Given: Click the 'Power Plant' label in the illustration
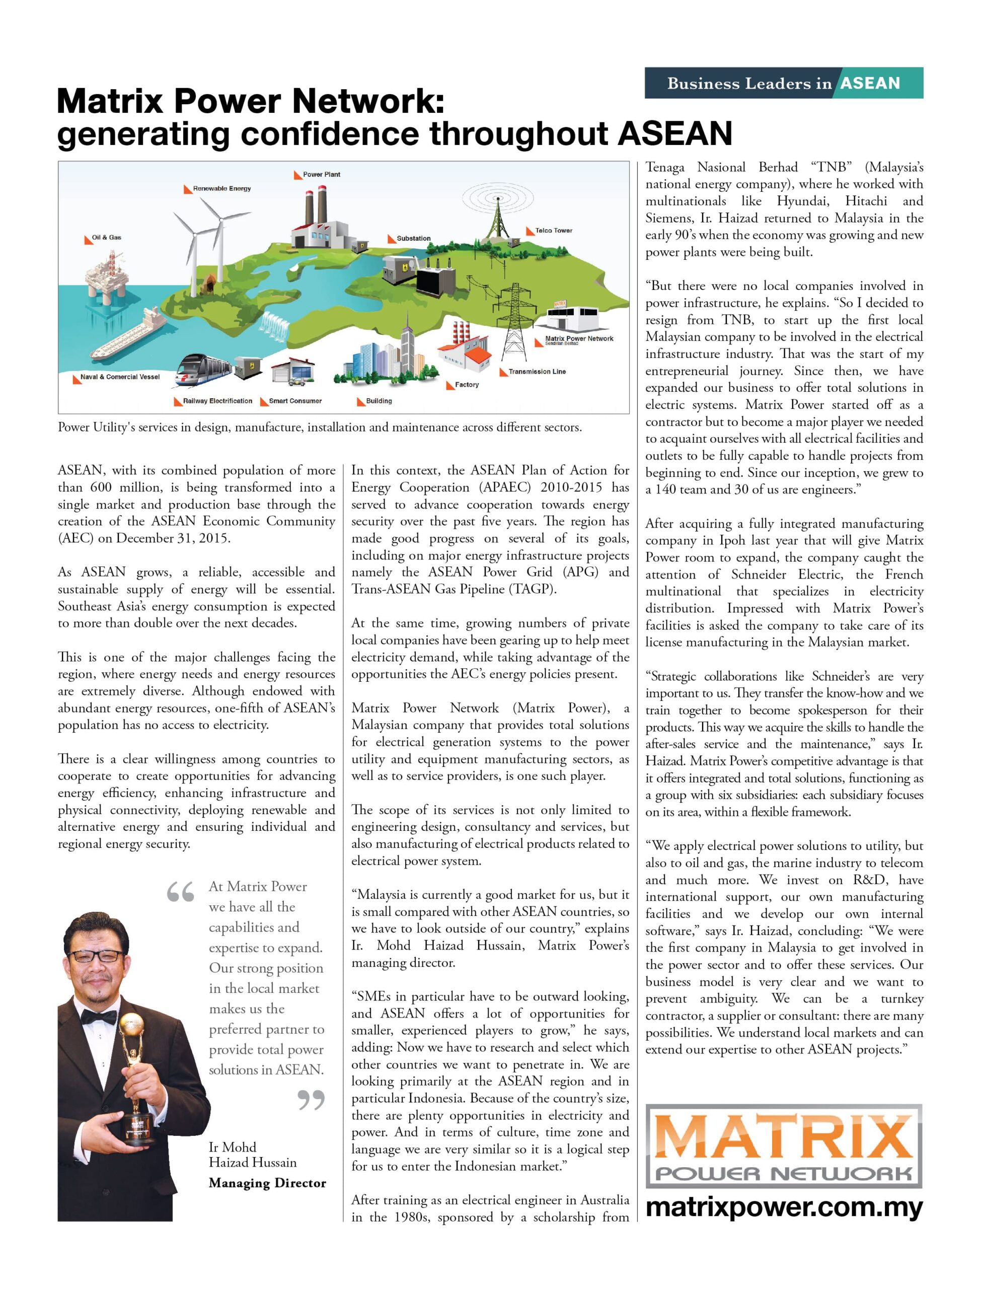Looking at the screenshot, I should pos(321,175).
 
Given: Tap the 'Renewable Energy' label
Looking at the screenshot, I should pos(221,189).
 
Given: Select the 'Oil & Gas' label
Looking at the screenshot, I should pos(106,238).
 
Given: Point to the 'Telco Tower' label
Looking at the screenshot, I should pos(553,231).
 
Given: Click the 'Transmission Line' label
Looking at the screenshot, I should pos(537,372).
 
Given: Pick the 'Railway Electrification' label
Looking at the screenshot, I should pos(217,401).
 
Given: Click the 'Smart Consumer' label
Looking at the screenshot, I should pos(295,401).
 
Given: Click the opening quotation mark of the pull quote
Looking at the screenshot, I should pos(180,892).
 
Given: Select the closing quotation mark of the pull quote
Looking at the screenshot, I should pos(311,1100).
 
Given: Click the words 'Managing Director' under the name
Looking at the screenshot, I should pos(267,1183).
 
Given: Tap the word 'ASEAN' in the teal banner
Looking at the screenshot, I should pos(870,84).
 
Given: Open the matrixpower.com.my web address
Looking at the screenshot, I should pos(784,1207).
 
